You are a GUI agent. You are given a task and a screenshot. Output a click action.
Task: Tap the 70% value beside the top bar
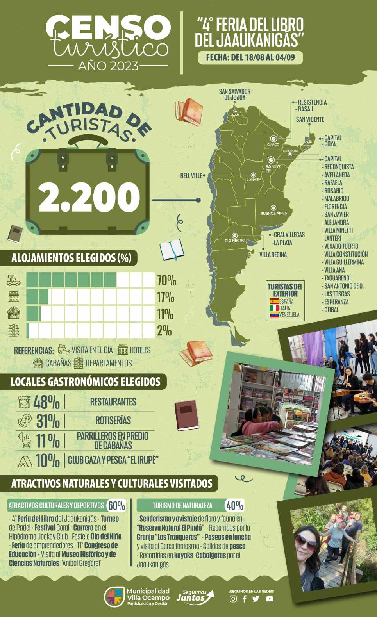pos(166,280)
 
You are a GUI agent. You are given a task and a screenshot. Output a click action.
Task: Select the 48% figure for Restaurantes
pos(46,402)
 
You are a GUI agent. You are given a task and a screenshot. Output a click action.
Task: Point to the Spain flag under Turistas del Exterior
pos(274,301)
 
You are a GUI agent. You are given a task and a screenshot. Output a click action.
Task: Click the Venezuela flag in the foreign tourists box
pos(274,315)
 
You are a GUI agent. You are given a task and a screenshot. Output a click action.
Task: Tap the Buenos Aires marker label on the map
pos(273,213)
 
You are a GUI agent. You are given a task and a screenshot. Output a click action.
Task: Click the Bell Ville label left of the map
pos(191,176)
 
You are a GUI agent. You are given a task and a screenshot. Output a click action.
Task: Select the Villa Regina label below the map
pos(273,255)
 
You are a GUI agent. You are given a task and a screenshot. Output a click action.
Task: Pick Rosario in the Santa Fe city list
pos(334,191)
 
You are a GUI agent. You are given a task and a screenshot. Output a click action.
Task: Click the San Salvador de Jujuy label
pos(234,94)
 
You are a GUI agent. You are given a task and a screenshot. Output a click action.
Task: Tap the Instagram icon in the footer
pos(233,599)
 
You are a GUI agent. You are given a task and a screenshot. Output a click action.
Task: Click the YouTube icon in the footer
pos(270,599)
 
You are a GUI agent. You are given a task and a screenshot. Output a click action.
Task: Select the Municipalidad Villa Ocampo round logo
pos(114,597)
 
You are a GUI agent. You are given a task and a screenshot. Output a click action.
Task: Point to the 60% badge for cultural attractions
pos(116,506)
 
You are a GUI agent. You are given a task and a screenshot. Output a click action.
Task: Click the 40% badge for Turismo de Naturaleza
pos(234,506)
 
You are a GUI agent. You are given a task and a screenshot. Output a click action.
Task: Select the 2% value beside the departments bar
pos(164,331)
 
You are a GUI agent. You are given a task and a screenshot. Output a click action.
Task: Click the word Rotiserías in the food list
pos(113,421)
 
